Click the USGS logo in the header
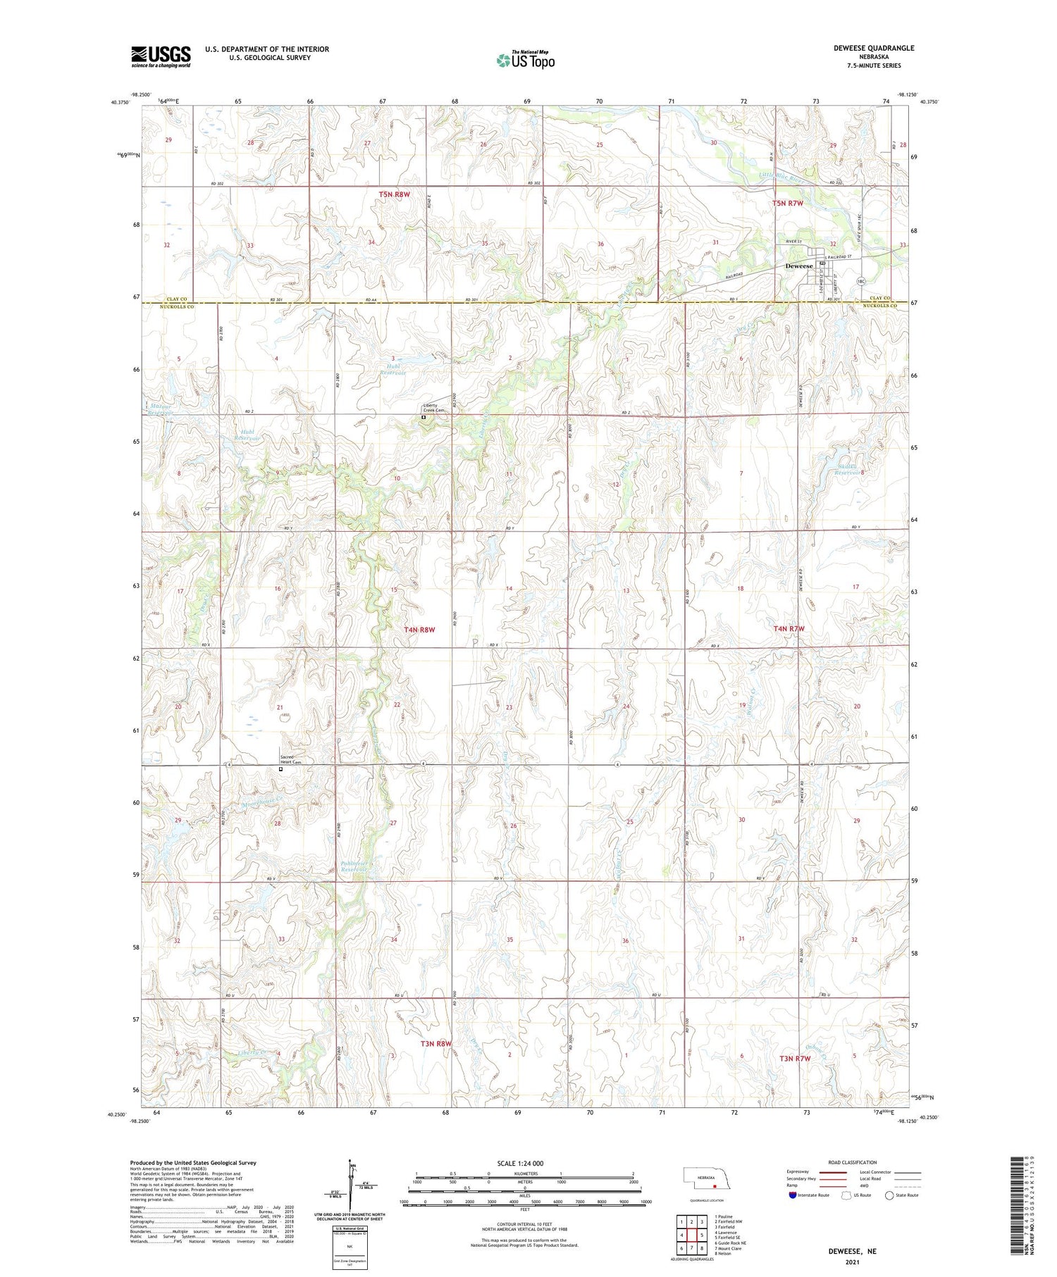coord(161,56)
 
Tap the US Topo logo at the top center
coord(525,61)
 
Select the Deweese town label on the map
coord(799,266)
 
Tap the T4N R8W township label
coord(419,630)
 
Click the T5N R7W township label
coord(788,203)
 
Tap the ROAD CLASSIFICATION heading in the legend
coord(853,1162)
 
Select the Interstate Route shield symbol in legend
coord(792,1195)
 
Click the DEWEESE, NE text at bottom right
coord(853,1251)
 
